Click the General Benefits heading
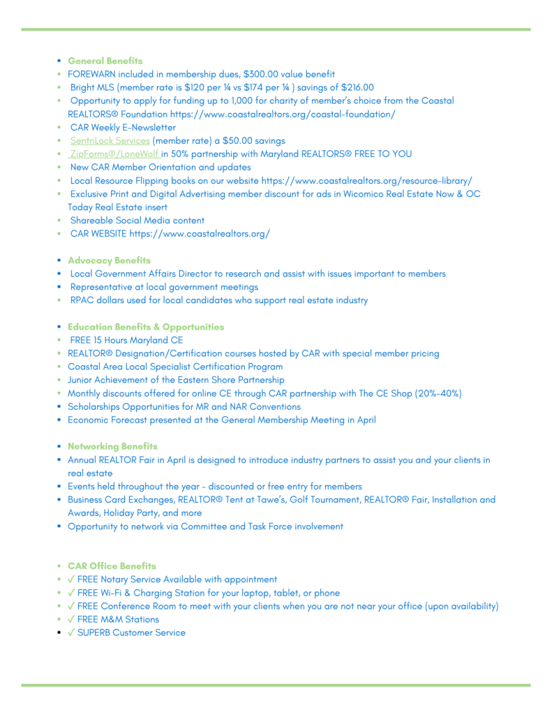(x=105, y=61)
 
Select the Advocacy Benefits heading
(x=109, y=260)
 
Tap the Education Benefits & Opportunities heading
(x=146, y=326)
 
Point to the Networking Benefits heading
(x=112, y=445)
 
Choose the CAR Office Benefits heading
(x=112, y=566)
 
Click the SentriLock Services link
(x=110, y=140)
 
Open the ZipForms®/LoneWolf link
(x=115, y=154)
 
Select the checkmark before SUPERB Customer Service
(x=71, y=633)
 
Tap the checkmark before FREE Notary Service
(x=71, y=579)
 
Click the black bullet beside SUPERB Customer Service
(x=59, y=633)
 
